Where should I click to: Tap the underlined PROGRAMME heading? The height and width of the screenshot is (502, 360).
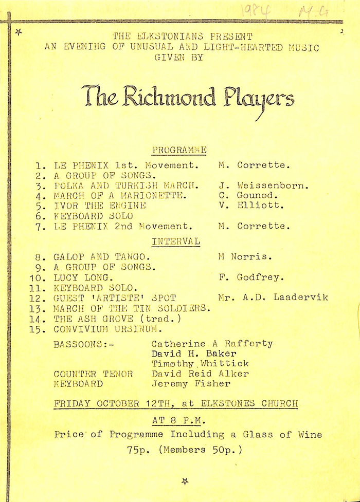tap(179, 150)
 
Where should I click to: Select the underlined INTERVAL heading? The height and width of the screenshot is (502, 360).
tap(176, 241)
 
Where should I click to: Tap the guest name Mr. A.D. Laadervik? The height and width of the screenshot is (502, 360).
tap(273, 298)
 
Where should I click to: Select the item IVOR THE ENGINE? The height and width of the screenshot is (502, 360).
tap(100, 206)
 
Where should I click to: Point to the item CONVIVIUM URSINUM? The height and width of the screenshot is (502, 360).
tap(108, 329)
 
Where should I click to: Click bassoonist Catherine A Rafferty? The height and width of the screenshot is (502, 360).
tap(212, 344)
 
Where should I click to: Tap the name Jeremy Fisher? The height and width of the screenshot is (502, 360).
tap(191, 384)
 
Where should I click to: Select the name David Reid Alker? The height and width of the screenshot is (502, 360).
tap(200, 374)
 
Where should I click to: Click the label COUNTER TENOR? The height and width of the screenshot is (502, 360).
tap(93, 374)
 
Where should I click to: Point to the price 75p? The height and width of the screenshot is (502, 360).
tap(139, 450)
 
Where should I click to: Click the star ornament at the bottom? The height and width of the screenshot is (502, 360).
tap(185, 481)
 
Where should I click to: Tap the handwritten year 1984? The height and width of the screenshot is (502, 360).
tap(257, 11)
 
